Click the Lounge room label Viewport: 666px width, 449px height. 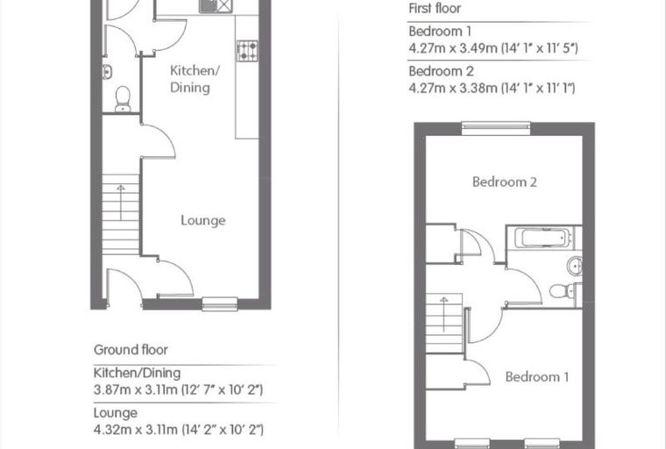point(203,221)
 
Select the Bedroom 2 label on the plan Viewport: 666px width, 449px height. point(505,182)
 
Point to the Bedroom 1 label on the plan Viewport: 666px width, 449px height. point(537,377)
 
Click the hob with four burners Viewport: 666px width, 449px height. point(247,51)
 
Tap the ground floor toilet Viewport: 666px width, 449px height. point(123,99)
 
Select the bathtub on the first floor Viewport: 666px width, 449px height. point(542,238)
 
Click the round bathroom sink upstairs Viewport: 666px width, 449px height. point(574,267)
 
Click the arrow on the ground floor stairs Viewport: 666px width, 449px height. point(121,203)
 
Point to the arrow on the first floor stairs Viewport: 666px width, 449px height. point(444,314)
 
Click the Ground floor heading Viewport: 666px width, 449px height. point(131,350)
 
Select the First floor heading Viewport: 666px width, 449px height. point(435,8)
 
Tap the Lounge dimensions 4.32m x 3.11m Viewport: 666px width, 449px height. point(179,430)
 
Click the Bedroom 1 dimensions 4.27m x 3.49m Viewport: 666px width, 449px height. point(493,48)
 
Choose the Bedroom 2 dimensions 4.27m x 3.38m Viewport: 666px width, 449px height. point(492,88)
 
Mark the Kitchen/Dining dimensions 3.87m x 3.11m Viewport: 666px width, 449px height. point(178,389)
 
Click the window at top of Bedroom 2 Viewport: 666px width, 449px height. point(496,128)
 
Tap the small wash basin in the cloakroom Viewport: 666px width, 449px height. point(107,72)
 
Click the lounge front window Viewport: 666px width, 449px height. point(220,303)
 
